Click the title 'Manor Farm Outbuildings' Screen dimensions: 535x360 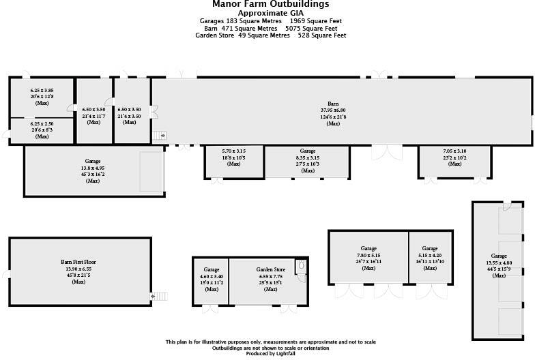(x=267, y=4)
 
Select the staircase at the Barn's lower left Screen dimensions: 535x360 (x=159, y=136)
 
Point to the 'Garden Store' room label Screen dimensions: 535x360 (x=270, y=270)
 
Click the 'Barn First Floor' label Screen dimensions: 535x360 (x=77, y=262)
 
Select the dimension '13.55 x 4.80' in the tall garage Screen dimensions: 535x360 (x=499, y=262)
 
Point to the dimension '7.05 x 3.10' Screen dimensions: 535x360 (x=454, y=151)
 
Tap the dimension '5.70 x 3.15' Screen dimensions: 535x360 (x=234, y=151)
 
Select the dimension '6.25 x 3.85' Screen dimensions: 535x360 (x=41, y=90)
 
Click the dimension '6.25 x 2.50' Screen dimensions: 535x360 (x=41, y=123)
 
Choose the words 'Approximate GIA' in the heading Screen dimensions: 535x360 (x=267, y=13)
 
